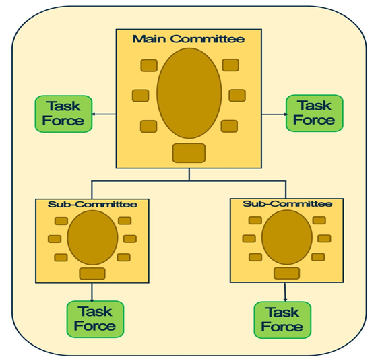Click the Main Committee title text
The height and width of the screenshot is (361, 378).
[x=189, y=39]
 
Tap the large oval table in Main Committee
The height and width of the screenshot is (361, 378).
[x=189, y=93]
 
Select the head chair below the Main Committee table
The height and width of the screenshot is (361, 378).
[x=189, y=153]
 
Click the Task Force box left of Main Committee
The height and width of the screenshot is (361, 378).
[x=63, y=114]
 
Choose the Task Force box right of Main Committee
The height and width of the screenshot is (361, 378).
[x=315, y=113]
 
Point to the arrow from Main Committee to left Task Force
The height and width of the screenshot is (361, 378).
[x=104, y=114]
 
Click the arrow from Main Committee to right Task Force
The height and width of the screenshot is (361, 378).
[x=275, y=114]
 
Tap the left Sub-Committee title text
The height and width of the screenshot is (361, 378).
[x=92, y=204]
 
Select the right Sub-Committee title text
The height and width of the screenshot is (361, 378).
[x=287, y=204]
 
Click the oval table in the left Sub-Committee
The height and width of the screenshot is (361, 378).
[x=92, y=238]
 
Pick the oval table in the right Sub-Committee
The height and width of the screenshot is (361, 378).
[x=287, y=237]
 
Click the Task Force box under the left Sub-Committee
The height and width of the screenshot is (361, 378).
[x=95, y=319]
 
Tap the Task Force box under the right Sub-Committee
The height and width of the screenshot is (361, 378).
[x=282, y=320]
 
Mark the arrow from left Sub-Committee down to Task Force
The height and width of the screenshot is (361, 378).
[x=92, y=292]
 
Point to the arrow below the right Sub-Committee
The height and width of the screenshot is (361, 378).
[x=285, y=292]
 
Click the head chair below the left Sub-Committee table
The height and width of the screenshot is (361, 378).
[x=92, y=273]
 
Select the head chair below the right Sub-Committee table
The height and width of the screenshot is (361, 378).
[x=286, y=273]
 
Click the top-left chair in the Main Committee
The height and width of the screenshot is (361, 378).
[x=149, y=65]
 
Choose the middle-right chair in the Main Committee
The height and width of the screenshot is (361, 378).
[x=237, y=95]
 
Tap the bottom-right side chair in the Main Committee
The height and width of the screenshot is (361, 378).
[x=229, y=126]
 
